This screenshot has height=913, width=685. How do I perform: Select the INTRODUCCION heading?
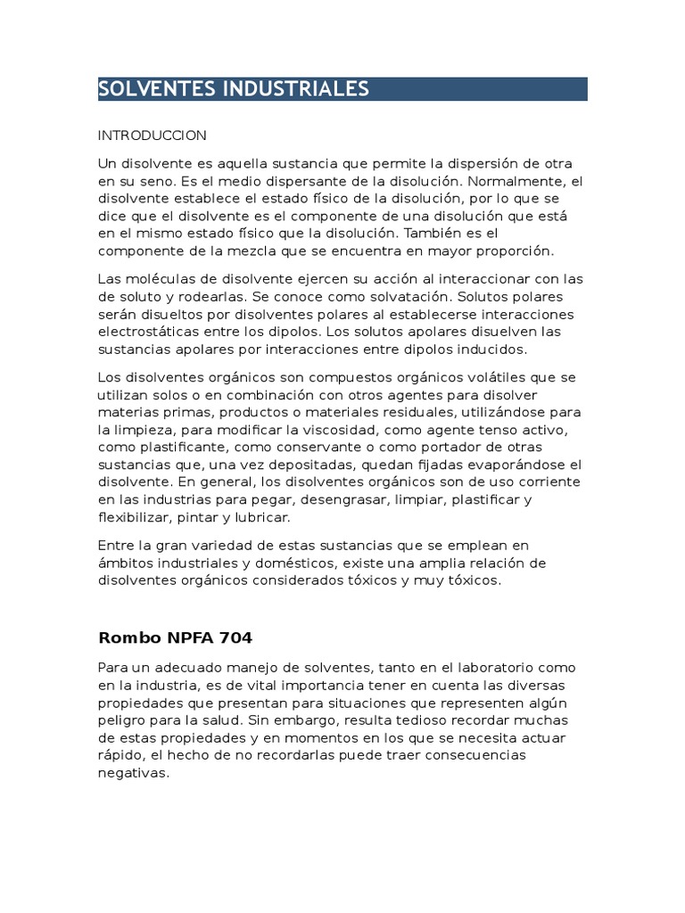[152, 136]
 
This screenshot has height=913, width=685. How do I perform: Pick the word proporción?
[512, 251]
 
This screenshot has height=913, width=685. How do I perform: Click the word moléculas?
[159, 279]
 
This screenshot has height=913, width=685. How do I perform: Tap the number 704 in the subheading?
[235, 637]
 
